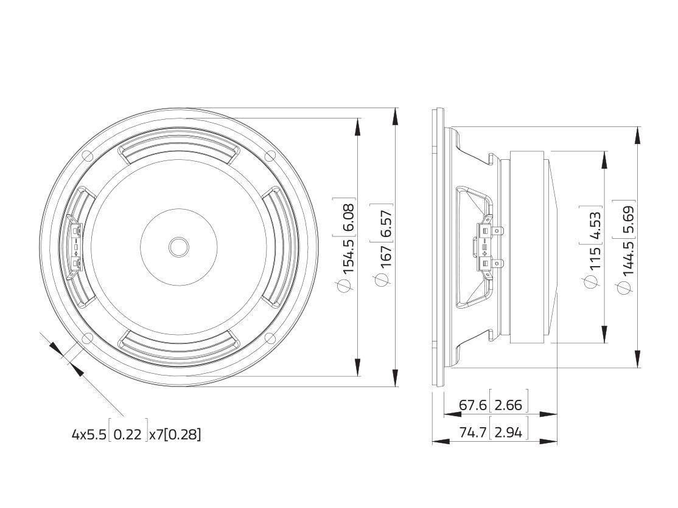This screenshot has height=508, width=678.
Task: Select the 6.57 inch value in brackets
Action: (386, 222)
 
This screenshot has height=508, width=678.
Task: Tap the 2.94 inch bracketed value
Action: (509, 432)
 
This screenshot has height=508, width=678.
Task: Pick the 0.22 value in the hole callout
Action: (127, 434)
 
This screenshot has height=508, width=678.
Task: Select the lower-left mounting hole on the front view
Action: (88, 338)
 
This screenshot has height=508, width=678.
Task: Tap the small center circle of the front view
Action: (178, 247)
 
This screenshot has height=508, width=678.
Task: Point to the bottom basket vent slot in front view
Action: (178, 340)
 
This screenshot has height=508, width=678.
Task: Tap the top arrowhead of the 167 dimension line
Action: (396, 115)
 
